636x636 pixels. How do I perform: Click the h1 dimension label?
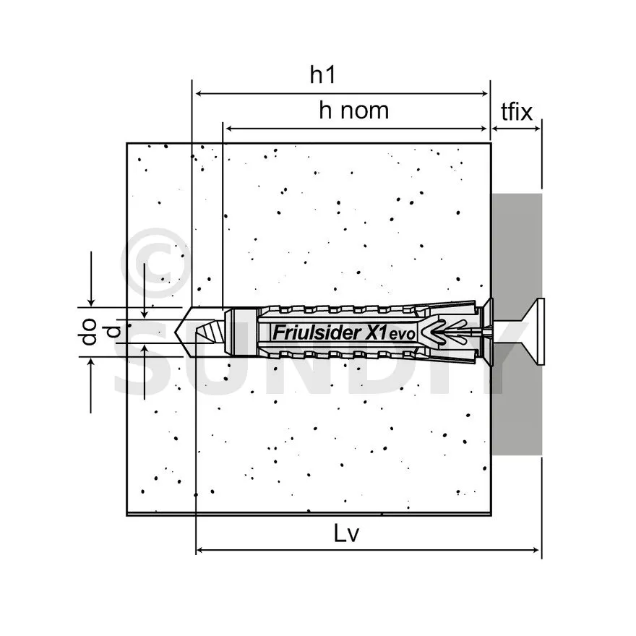coord(322,74)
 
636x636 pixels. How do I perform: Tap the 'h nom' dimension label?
coord(353,111)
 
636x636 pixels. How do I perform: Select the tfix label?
coord(516,111)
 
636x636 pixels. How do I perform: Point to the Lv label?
coord(346,533)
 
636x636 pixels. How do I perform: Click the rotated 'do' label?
coord(88,332)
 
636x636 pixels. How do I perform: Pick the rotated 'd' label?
coord(113,332)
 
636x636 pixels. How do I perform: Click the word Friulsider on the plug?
coord(317,332)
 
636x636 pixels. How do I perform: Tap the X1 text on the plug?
coord(376,332)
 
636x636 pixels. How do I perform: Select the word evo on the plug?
coord(403,334)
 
